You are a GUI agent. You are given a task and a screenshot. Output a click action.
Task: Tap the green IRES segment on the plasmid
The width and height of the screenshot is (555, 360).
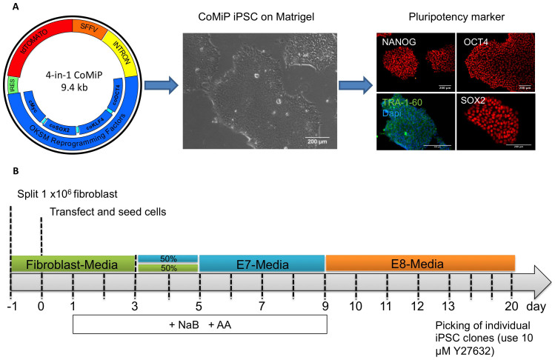tap(13, 108)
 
